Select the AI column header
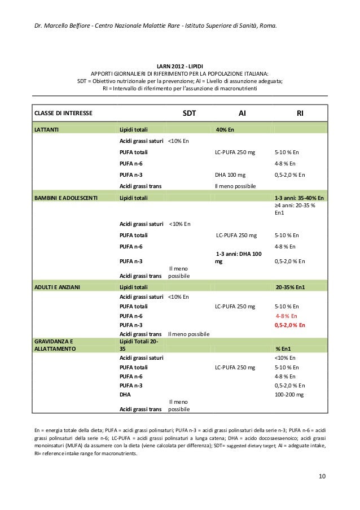coord(242,113)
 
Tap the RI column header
coord(301,113)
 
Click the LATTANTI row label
coord(49,130)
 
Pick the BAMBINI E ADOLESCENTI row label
coord(67,198)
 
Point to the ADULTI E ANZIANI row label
coord(57,287)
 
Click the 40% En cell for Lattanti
coord(225,130)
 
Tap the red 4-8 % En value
coord(287,316)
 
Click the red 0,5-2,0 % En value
coord(290,325)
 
